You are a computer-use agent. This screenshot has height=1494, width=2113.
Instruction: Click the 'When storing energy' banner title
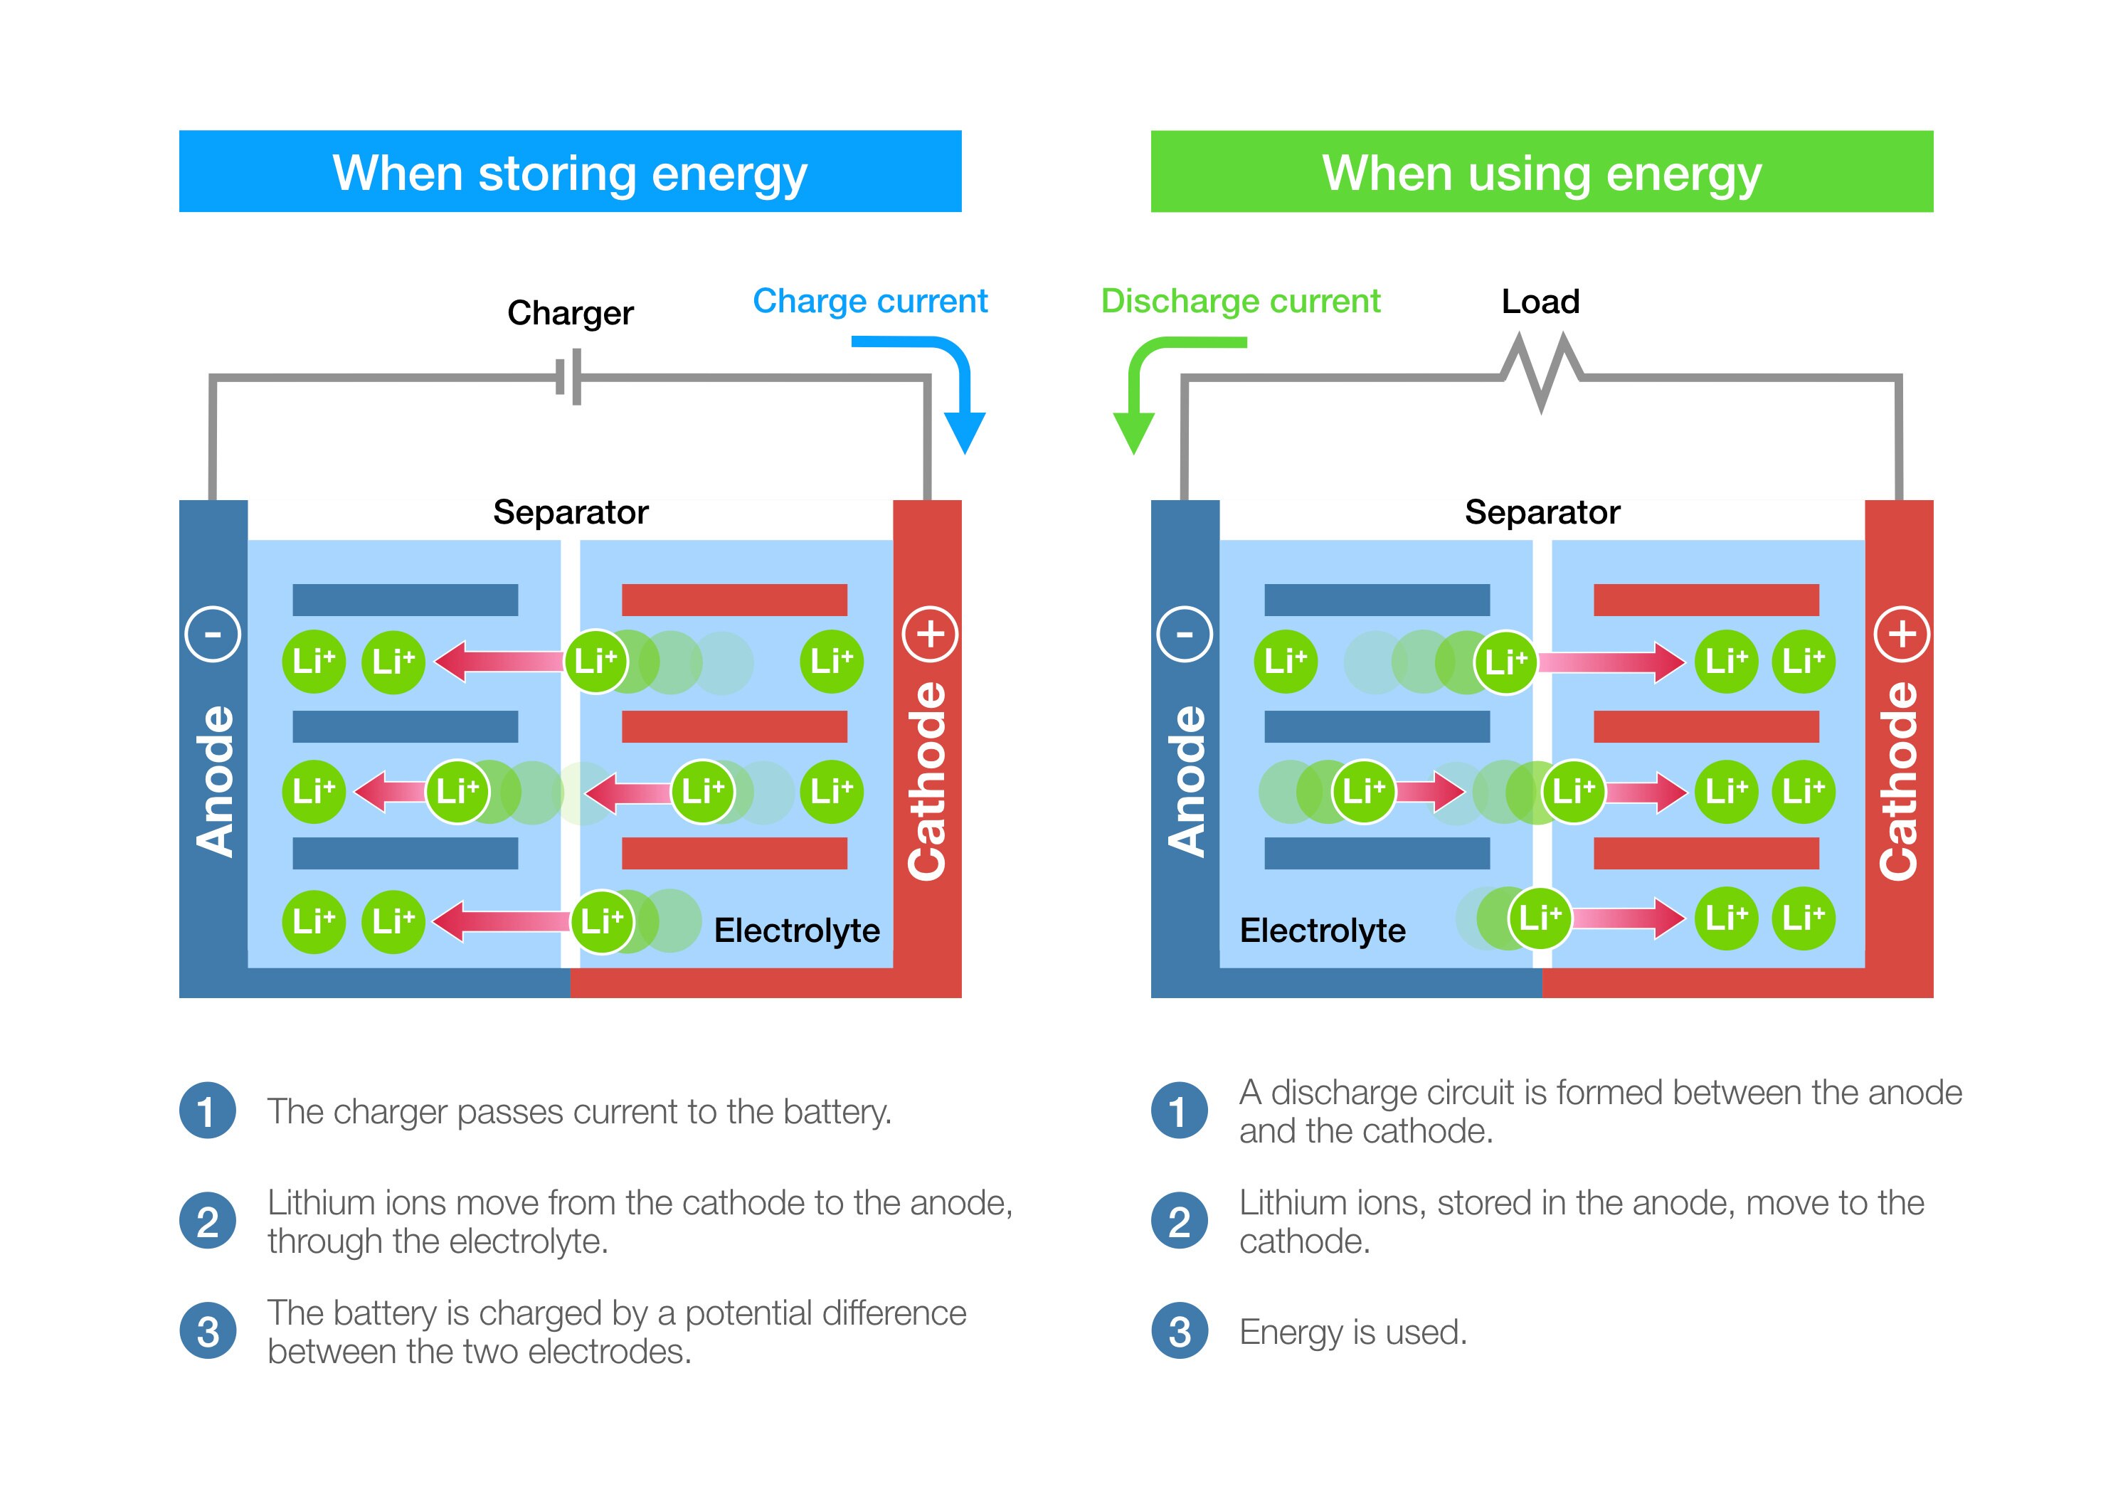click(x=570, y=173)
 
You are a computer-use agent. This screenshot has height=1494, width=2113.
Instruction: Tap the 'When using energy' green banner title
click(x=1542, y=173)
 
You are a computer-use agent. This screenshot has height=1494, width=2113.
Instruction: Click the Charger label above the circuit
click(x=570, y=313)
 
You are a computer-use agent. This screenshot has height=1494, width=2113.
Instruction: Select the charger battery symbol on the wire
click(x=568, y=376)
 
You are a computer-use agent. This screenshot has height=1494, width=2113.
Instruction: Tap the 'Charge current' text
click(x=869, y=301)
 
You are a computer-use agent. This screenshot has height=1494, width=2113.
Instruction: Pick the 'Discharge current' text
click(x=1241, y=301)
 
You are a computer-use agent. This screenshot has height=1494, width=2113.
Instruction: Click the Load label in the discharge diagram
click(x=1540, y=301)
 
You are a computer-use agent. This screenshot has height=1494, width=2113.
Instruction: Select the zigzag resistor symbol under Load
click(x=1542, y=373)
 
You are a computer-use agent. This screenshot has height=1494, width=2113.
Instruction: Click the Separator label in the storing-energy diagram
click(x=571, y=512)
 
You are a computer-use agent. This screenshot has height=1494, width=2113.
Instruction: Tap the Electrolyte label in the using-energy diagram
click(x=1323, y=931)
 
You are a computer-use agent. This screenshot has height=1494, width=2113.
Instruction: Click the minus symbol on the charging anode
click(x=213, y=634)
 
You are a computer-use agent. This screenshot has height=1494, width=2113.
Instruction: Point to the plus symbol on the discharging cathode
click(x=1902, y=634)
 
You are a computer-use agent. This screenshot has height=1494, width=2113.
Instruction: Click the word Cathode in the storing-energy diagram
click(x=928, y=780)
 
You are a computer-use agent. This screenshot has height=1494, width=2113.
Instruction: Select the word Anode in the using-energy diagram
click(x=1185, y=780)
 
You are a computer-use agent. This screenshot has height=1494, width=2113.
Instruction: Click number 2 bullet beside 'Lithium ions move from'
click(x=208, y=1222)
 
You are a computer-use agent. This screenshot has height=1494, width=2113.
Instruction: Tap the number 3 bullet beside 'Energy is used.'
click(x=1179, y=1332)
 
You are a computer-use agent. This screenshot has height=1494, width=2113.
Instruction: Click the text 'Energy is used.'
click(x=1353, y=1332)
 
